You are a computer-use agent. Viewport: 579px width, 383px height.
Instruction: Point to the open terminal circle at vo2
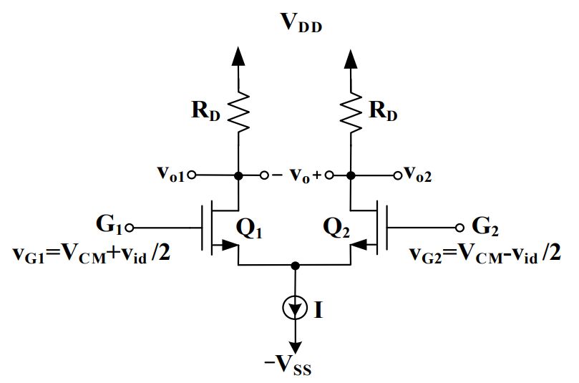[396, 175]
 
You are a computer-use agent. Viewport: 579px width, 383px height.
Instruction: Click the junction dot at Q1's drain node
[238, 175]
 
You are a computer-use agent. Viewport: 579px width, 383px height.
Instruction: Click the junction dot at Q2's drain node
[350, 175]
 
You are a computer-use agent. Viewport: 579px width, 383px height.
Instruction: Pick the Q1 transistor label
[251, 228]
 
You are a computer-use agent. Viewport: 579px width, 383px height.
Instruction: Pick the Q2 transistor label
[336, 228]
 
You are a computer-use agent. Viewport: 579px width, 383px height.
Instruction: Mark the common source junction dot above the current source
[294, 266]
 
